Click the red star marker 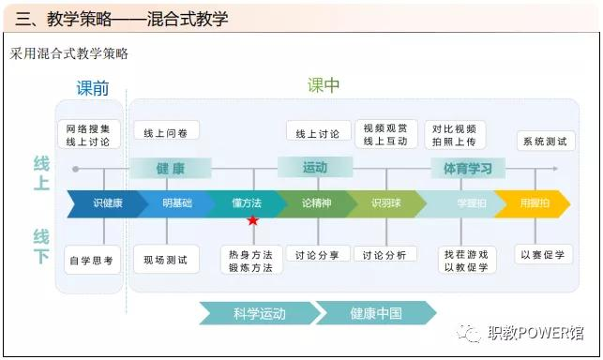coord(252,220)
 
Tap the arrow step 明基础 coord(176,203)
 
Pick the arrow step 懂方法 coord(246,203)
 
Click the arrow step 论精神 coord(316,203)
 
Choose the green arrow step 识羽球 coord(385,203)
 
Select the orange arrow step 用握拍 coord(534,203)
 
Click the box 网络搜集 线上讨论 coord(89,135)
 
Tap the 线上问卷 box coord(166,133)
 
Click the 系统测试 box coord(545,141)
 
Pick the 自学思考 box coord(91,260)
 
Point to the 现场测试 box coord(166,260)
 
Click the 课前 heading coord(93,89)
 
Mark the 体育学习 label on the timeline coord(468,169)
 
